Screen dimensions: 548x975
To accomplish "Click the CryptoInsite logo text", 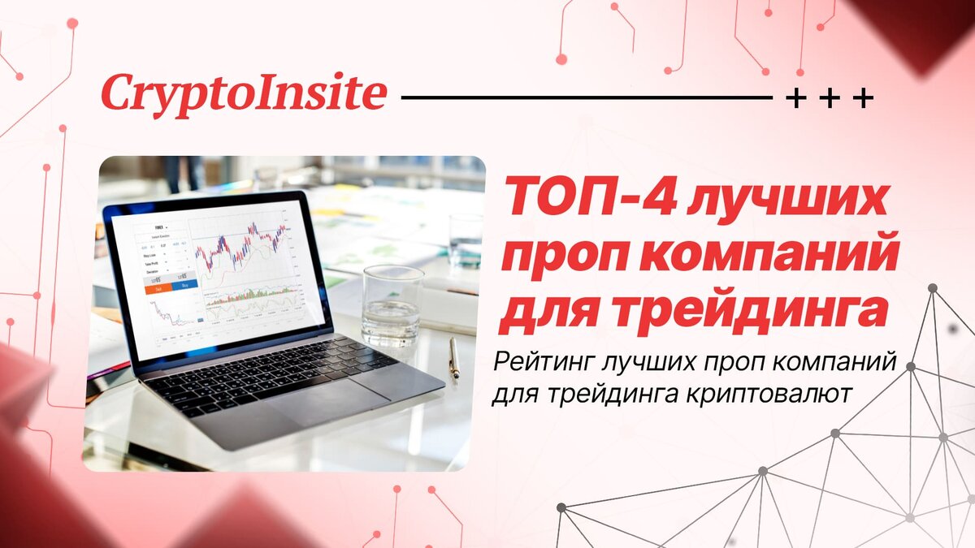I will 243,93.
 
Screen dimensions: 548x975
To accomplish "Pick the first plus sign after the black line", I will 795,99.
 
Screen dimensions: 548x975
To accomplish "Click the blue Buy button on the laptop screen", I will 185,287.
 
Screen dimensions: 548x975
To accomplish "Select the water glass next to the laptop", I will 392,305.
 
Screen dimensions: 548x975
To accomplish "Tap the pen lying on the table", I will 454,357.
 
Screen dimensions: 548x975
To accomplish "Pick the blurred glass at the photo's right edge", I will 466,240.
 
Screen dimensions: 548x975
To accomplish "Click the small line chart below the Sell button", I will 171,313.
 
